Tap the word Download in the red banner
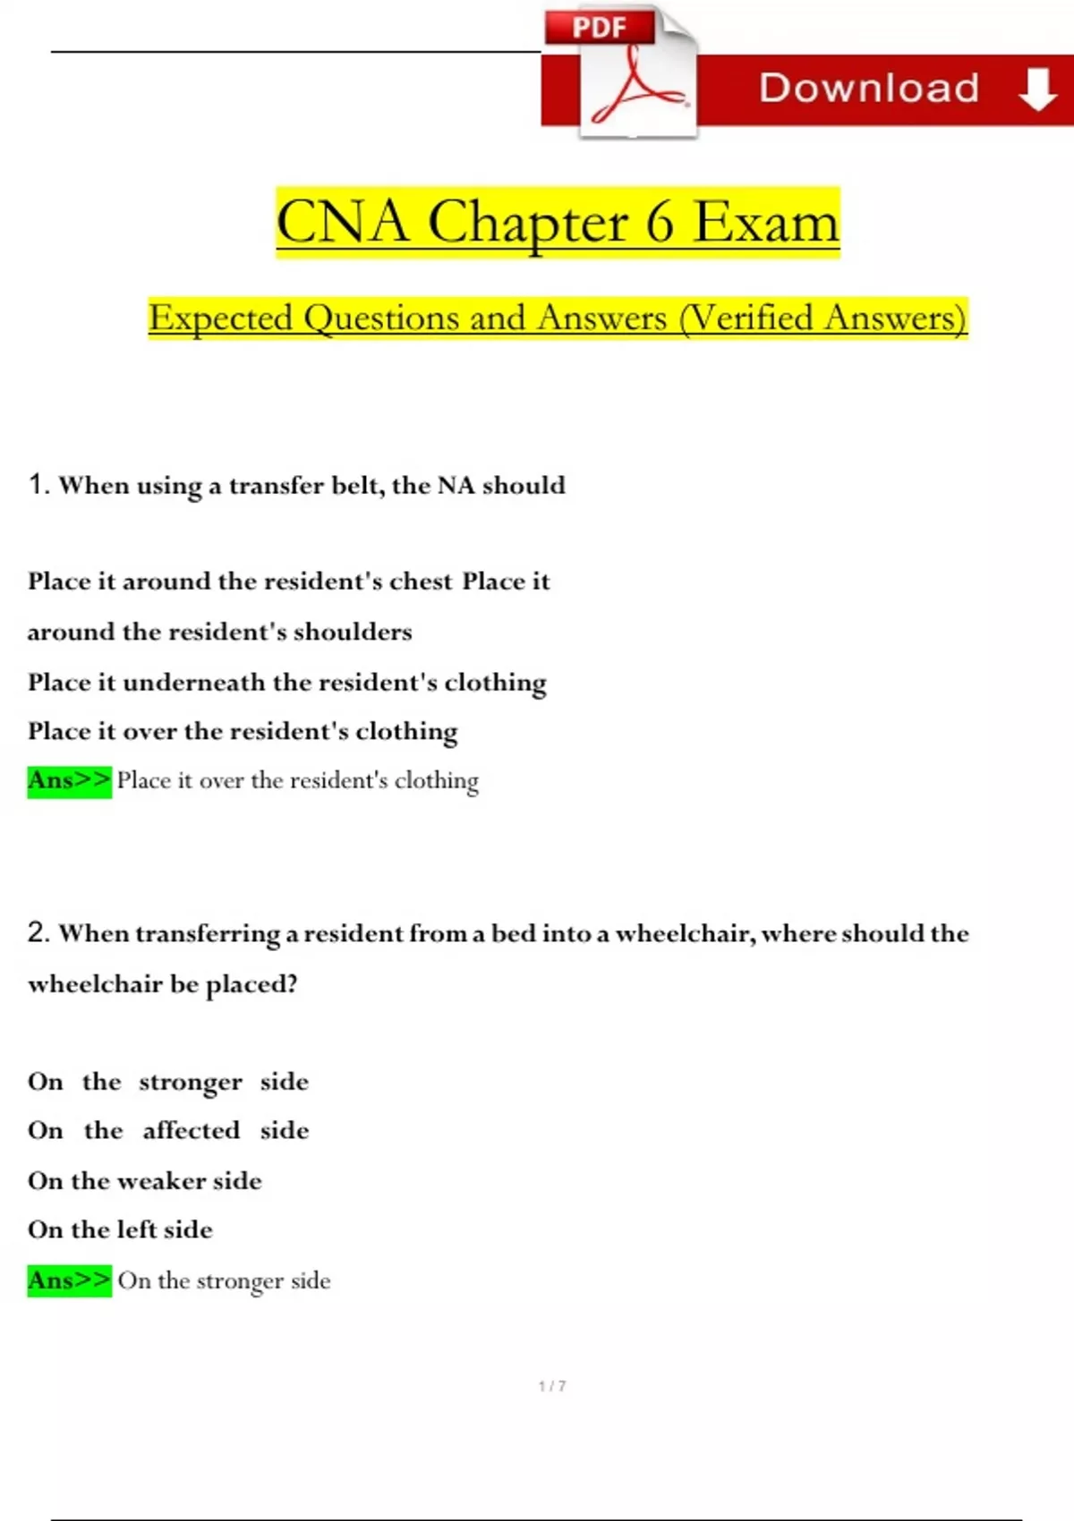[869, 89]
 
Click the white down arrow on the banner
[1037, 89]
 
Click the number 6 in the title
[660, 222]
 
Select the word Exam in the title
[767, 222]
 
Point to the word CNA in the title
[342, 222]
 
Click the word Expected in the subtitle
[220, 319]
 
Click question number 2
[38, 933]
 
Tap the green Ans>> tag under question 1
[69, 781]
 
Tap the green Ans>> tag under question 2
[69, 1280]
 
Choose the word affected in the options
[191, 1131]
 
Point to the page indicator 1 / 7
[552, 1386]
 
